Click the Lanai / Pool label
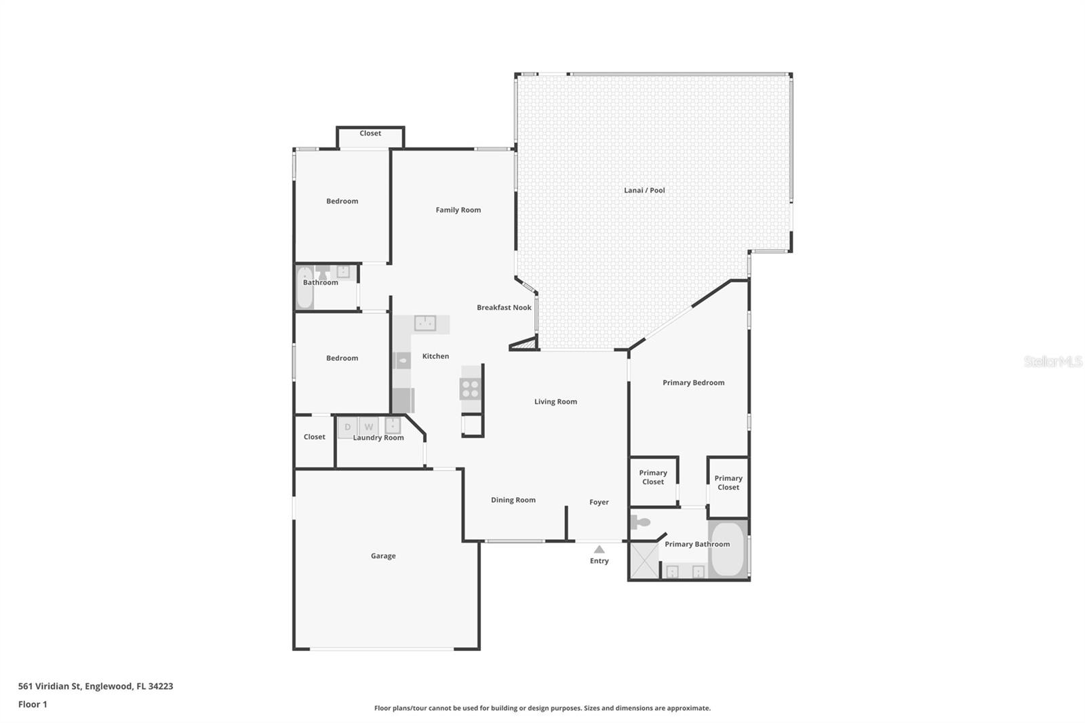[x=644, y=191]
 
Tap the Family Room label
[x=458, y=210]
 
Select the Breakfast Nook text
[x=504, y=308]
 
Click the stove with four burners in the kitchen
[x=470, y=389]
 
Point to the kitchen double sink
[x=425, y=324]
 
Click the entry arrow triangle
[x=599, y=549]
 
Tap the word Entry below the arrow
[x=599, y=561]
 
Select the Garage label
[x=383, y=556]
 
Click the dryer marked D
[x=348, y=427]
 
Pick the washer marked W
[x=369, y=427]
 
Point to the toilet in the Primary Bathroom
[x=639, y=522]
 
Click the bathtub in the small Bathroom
[x=304, y=288]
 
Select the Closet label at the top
[x=370, y=134]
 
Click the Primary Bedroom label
[x=693, y=383]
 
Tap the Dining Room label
[x=513, y=501]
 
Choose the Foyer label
[x=599, y=503]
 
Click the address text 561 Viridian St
[x=96, y=686]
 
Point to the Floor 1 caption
[x=33, y=705]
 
